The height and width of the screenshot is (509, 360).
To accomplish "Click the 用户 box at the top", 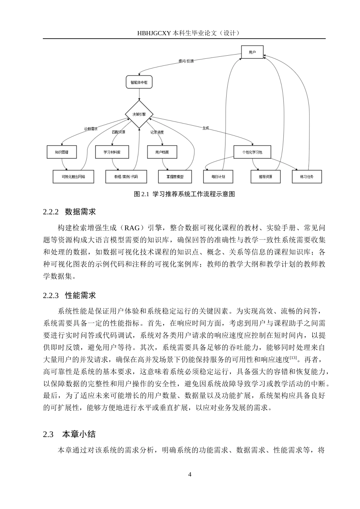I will [252, 52].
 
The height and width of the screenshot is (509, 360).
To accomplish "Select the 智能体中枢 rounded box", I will [139, 82].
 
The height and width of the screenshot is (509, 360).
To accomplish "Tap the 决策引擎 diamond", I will [139, 114].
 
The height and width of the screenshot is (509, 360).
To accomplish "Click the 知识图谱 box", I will [61, 152].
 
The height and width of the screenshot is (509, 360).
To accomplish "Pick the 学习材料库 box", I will [112, 152].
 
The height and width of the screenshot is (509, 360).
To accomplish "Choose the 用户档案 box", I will [162, 152].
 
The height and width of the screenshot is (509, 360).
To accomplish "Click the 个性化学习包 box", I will [253, 152].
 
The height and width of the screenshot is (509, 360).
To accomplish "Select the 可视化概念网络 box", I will [74, 177].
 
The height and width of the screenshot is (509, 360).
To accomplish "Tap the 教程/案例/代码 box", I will [126, 177].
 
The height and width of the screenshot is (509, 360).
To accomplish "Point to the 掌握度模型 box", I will [175, 177].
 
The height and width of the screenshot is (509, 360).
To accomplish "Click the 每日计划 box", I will [218, 177].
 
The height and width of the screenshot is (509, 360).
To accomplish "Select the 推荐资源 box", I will [265, 177].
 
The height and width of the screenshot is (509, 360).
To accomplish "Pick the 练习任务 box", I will [307, 177].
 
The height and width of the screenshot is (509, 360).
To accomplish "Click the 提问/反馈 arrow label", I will [186, 61].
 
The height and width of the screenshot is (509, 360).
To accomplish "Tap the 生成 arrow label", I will [206, 128].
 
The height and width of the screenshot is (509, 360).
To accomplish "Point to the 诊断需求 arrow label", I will [91, 129].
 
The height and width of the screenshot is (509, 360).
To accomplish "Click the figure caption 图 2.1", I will [185, 194].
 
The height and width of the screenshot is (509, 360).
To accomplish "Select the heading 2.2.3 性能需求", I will [70, 296].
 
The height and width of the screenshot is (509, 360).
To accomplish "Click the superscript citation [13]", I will [293, 358].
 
